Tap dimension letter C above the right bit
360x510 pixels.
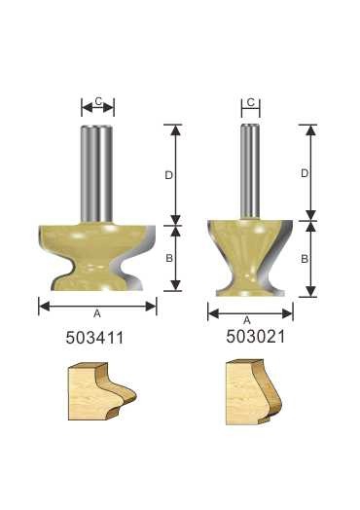250,102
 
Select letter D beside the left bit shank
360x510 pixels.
168,174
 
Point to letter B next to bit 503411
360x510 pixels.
168,258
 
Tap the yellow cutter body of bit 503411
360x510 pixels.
92,258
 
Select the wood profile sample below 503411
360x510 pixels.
98,394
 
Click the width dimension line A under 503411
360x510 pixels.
58,306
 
